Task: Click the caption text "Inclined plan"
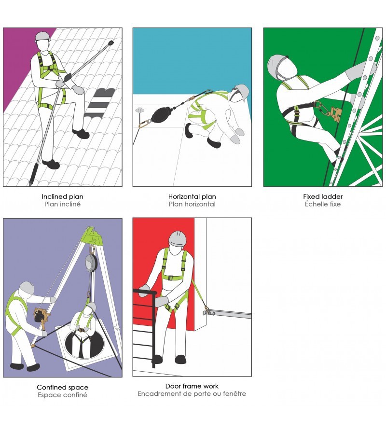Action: coord(62,196)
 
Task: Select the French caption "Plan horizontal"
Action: coord(192,204)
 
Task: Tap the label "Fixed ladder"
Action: coord(323,196)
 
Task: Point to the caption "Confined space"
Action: coord(62,388)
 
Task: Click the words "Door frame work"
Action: coord(192,386)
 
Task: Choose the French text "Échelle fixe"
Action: coord(323,204)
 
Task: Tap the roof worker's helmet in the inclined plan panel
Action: coord(43,37)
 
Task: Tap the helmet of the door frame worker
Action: coord(177,238)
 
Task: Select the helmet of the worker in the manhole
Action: coord(91,306)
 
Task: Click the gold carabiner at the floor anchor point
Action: coord(145,124)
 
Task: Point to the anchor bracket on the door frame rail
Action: coord(209,313)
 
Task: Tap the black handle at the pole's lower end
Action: coord(33,174)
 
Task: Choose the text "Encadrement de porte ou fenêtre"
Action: coord(192,393)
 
